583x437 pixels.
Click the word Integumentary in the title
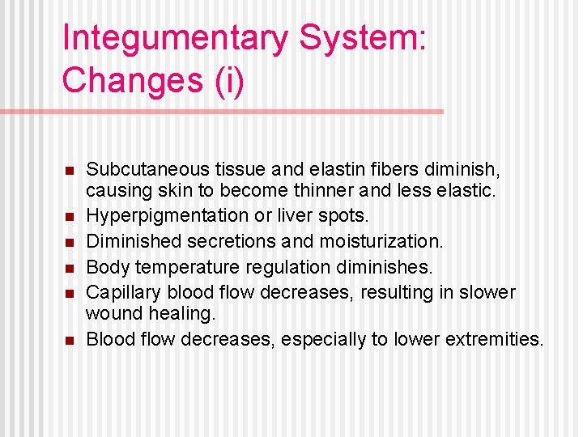pyautogui.click(x=170, y=39)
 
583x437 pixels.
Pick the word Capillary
pyautogui.click(x=122, y=291)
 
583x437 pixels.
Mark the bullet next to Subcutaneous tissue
pyautogui.click(x=70, y=171)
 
